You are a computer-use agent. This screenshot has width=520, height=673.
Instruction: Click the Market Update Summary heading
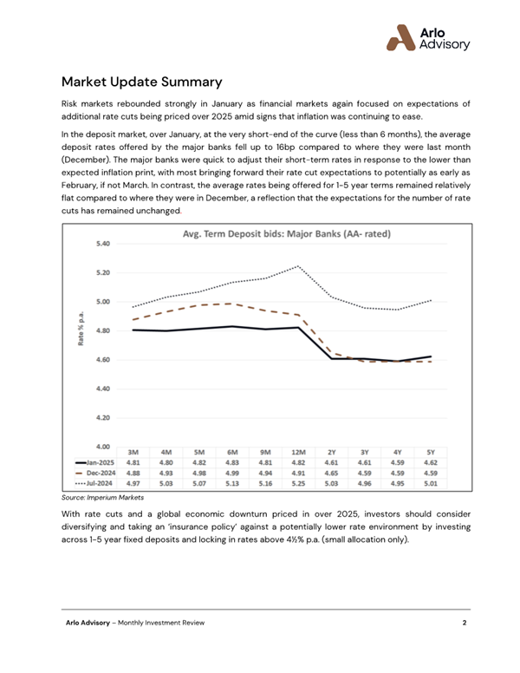click(142, 82)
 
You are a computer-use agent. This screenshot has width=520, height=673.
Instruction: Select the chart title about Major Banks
click(286, 234)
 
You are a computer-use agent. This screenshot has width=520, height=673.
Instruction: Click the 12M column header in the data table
click(297, 452)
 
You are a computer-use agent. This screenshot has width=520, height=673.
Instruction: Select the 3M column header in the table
click(134, 452)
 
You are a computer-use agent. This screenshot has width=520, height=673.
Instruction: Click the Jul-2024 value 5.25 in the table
click(297, 484)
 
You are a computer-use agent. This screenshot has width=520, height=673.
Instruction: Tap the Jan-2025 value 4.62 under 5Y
click(431, 463)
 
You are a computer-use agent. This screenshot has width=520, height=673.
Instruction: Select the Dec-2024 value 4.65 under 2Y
click(331, 474)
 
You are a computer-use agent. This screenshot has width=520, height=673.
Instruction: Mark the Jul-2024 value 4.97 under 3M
click(134, 484)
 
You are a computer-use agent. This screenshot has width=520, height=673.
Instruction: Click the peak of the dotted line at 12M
click(298, 266)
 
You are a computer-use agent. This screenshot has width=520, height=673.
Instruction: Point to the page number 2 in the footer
click(465, 623)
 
